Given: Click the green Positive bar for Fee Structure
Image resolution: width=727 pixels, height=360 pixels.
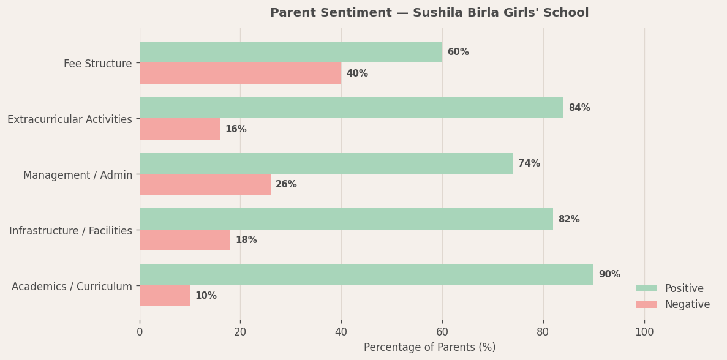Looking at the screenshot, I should (x=291, y=52).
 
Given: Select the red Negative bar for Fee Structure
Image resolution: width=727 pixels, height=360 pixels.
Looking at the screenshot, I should (x=240, y=73).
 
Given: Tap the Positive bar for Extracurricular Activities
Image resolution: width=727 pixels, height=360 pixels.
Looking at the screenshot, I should (x=352, y=108).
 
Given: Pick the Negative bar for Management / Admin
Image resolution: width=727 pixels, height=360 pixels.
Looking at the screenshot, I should (x=205, y=184).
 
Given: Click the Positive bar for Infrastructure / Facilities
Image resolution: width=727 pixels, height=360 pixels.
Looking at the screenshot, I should (x=346, y=219).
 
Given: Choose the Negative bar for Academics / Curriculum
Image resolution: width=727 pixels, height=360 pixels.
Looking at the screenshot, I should (x=165, y=296).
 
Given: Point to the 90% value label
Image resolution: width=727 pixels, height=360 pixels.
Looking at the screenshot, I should (x=609, y=274).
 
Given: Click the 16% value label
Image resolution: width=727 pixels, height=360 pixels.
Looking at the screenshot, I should (x=236, y=129).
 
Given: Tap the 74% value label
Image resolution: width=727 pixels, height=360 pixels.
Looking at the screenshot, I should (x=529, y=163).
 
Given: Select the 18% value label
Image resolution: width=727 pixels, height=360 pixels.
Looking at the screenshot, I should (x=246, y=240).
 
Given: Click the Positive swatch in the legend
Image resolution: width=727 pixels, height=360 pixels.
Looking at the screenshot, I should (x=646, y=288).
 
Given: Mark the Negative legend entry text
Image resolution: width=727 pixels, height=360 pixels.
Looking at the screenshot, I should (x=687, y=304).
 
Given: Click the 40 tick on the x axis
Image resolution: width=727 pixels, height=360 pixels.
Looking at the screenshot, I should (x=341, y=332).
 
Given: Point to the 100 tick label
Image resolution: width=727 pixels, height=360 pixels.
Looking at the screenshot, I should (x=644, y=332).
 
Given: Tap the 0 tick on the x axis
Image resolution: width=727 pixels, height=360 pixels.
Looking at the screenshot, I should (x=140, y=332).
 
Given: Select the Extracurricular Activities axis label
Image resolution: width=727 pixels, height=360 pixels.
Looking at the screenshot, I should (x=70, y=119).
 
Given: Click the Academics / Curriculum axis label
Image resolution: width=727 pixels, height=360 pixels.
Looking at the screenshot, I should (x=72, y=287).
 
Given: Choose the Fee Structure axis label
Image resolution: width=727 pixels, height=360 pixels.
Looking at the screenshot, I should (x=98, y=64).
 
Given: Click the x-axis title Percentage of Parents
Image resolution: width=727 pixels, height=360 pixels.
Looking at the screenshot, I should (x=429, y=347).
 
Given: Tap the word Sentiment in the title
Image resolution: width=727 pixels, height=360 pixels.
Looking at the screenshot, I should (x=353, y=13).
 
